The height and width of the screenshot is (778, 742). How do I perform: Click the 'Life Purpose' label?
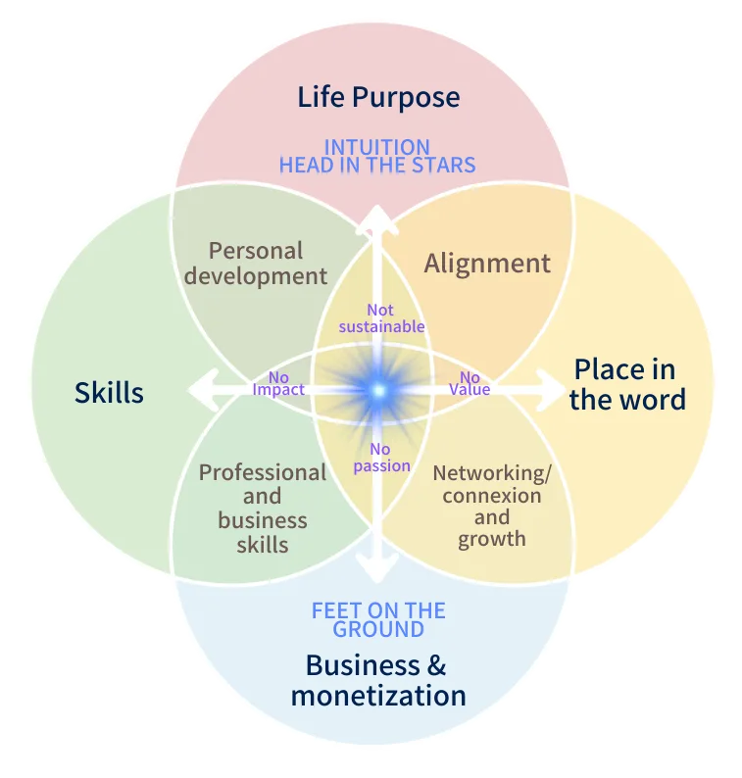[378, 97]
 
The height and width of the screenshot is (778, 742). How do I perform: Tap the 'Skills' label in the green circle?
[109, 393]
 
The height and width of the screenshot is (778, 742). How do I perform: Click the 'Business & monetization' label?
[377, 680]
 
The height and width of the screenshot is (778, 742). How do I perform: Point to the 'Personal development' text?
[256, 264]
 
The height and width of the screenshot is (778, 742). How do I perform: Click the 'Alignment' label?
[487, 264]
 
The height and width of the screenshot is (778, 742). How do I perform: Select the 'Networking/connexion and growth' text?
[492, 505]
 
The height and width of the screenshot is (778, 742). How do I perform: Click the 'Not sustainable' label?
[381, 318]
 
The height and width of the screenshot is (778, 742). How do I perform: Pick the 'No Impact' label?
[278, 383]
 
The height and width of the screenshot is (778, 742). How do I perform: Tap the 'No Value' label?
[470, 383]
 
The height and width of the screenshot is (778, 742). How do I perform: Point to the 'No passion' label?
[381, 458]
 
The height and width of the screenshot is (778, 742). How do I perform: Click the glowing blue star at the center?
[378, 390]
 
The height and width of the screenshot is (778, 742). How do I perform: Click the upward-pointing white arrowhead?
[377, 218]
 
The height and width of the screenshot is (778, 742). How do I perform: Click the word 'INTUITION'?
[377, 147]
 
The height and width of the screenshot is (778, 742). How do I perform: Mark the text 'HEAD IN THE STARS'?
[377, 165]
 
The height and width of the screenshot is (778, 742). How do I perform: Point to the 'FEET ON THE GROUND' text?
[378, 619]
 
